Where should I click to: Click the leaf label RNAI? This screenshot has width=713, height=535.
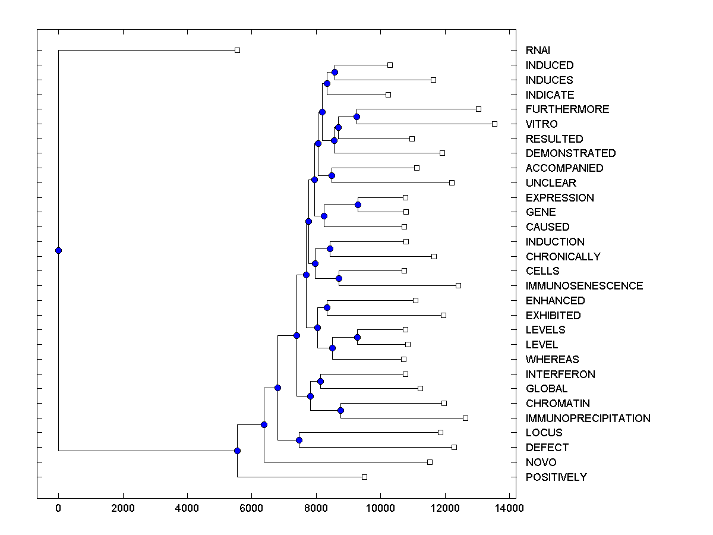point(538,51)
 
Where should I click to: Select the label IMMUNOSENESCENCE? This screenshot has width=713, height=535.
point(584,286)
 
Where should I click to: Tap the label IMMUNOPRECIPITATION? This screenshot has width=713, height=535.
point(588,418)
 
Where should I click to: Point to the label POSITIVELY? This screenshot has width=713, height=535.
point(556,477)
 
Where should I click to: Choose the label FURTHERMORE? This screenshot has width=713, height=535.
point(567,109)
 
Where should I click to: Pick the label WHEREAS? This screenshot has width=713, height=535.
point(552,360)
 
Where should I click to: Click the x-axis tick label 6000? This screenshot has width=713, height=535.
point(251,508)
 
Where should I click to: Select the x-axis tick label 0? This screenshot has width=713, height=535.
point(58,508)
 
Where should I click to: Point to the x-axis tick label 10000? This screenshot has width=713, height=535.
point(380,508)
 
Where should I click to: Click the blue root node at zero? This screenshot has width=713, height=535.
point(58,250)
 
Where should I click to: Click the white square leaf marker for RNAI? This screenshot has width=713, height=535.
point(237,50)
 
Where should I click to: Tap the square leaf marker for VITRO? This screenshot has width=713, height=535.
point(494,124)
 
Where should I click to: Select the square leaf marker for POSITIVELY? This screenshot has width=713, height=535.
point(365,477)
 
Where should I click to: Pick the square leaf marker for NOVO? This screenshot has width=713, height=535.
point(430,462)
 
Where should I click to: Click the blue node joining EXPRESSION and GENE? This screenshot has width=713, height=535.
point(358,204)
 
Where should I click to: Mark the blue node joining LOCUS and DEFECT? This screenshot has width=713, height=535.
point(299,440)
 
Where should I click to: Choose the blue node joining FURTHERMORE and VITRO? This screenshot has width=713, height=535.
point(356,117)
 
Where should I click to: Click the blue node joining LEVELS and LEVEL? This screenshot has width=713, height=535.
point(357,337)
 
